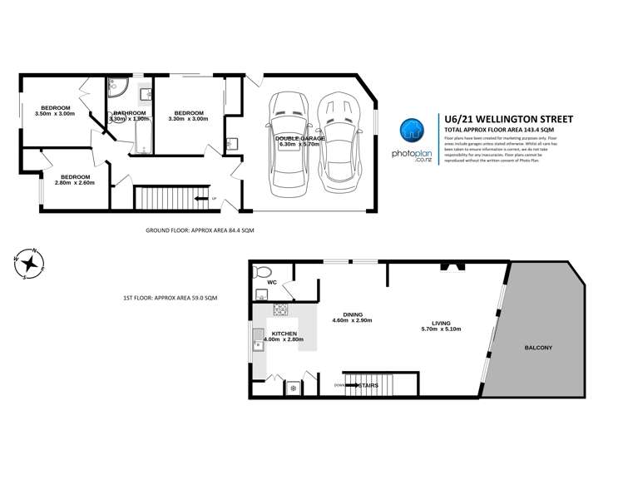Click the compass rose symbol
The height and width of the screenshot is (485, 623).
(30, 264)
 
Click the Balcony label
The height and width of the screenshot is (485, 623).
(538, 346)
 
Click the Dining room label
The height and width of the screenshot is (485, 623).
(351, 314)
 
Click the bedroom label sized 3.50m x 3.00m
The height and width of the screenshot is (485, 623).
(55, 109)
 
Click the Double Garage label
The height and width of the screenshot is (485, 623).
(298, 141)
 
